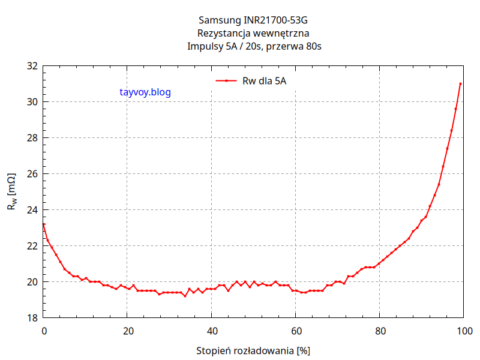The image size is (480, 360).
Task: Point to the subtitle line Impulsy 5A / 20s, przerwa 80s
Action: pos(254,46)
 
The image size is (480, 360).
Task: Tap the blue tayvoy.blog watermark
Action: pos(146,92)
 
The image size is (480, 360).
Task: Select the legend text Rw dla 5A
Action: pos(264,80)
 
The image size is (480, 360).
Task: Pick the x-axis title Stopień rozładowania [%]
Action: pos(253,350)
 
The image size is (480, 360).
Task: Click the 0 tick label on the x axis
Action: pos(43,331)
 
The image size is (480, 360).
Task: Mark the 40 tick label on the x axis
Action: pos(211,331)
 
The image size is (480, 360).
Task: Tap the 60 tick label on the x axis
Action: pos(295,331)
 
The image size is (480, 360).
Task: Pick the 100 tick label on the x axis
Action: pos(463,331)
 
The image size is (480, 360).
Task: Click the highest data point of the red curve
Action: pos(460,84)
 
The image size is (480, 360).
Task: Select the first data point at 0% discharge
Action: pos(43,224)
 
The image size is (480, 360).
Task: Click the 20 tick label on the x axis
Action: pos(127,331)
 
